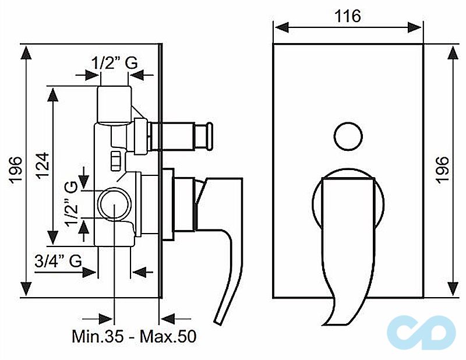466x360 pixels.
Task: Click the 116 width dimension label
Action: pos(348,16)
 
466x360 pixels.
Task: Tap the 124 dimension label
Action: pos(43,165)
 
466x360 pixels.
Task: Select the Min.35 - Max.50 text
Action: pos(134,336)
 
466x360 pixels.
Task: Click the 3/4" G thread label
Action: pos(58,261)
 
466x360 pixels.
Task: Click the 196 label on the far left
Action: pos(15,170)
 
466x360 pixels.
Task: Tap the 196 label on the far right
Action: pos(442,170)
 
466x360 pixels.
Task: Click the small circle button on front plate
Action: pos(348,136)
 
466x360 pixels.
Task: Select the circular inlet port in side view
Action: pos(114,204)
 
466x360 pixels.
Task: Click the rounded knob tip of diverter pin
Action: pos(210,136)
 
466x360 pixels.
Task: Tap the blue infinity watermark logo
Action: pos(421,332)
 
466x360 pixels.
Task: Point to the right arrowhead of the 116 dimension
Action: pos(414,27)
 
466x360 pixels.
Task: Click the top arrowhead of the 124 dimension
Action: pos(54,94)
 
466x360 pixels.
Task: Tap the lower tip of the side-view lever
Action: pos(218,320)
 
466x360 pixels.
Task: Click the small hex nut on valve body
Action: pos(115,161)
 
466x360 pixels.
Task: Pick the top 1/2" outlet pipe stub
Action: pos(115,104)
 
